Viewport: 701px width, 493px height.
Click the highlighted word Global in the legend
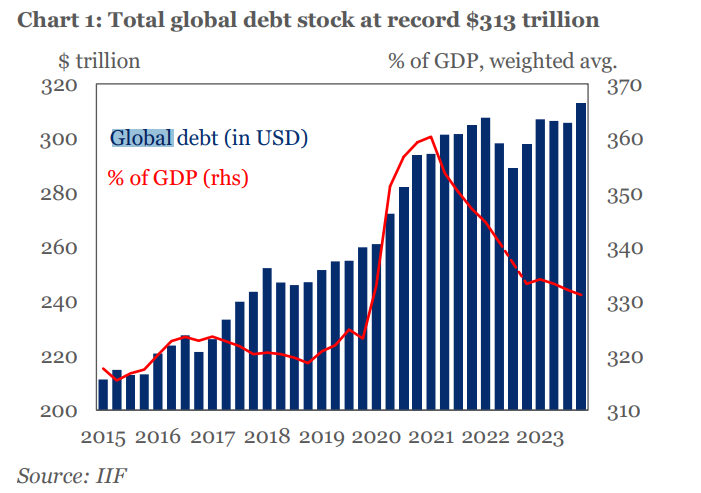coord(141,137)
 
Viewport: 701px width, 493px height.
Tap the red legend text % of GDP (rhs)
coord(177,178)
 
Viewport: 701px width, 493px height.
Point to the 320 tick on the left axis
coord(60,85)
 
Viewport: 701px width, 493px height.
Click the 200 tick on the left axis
coord(60,411)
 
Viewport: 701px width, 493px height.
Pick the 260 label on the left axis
coord(60,248)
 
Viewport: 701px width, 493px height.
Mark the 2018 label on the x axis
coord(269,437)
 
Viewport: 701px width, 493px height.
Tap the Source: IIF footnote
coord(72,474)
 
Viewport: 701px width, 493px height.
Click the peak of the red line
coord(430,137)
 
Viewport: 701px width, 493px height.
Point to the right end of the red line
coord(582,294)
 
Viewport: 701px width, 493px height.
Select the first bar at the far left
coord(103,395)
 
